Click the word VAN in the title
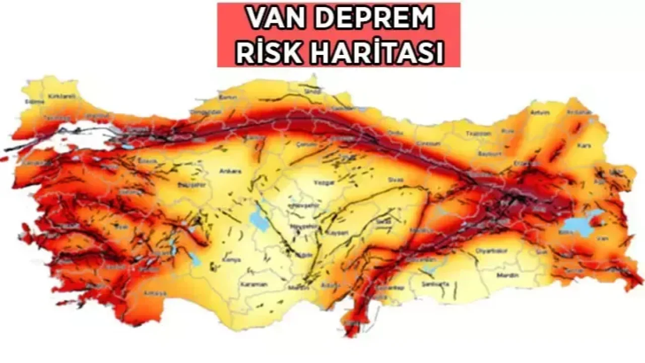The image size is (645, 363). (269, 19)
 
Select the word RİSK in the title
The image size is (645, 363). (264, 52)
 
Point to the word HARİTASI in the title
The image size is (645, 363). (369, 52)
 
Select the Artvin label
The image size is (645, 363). (539, 112)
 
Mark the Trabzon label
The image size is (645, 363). (478, 134)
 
